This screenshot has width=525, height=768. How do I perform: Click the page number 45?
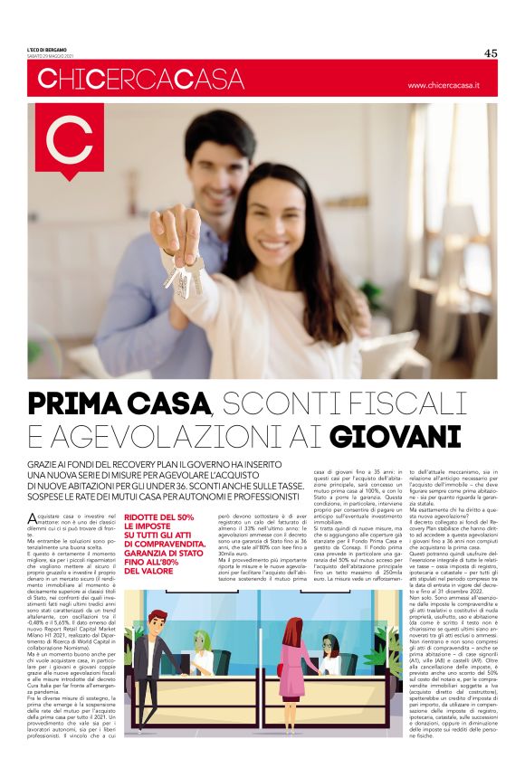[x=491, y=52]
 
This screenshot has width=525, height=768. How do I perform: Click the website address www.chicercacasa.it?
[x=443, y=85]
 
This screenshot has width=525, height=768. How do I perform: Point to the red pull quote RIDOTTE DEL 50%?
[x=159, y=517]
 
